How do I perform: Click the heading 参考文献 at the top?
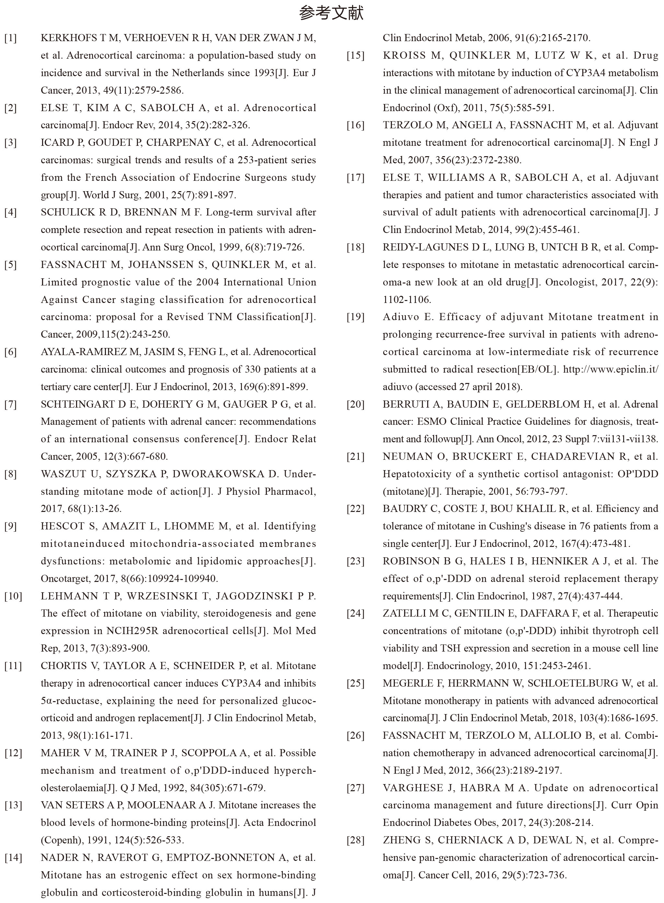tap(332, 13)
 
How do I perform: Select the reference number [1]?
tap(11, 38)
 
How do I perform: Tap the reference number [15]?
tap(356, 55)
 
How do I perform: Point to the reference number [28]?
tap(356, 840)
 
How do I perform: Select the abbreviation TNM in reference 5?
tap(220, 317)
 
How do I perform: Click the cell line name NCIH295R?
tap(135, 631)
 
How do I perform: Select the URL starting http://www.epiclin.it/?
tap(611, 369)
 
